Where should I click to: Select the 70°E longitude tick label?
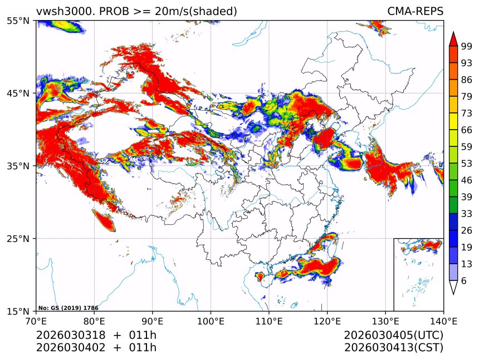36,321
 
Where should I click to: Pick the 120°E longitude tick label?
327,321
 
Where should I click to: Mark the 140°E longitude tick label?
443,321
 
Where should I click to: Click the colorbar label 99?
467,46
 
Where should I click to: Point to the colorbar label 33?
467,214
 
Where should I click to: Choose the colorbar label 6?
464,281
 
